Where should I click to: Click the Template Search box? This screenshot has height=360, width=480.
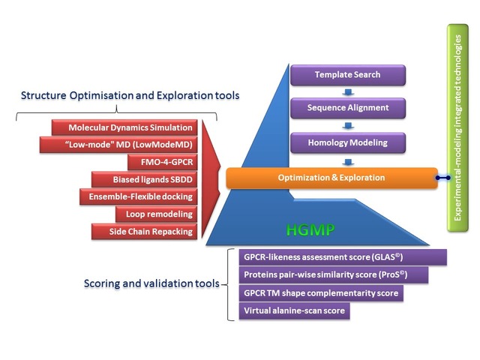click(348, 75)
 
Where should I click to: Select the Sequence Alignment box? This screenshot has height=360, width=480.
click(348, 108)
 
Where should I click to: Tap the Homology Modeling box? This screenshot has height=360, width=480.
click(348, 142)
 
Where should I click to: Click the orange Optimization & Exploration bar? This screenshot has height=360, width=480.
click(331, 178)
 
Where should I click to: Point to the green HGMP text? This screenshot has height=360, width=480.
click(310, 230)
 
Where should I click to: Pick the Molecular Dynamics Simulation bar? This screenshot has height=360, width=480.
click(124, 127)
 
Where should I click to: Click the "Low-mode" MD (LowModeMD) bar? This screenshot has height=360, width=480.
click(118, 145)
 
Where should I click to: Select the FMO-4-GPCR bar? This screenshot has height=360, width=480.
click(163, 162)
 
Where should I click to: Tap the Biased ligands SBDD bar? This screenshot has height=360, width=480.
click(145, 179)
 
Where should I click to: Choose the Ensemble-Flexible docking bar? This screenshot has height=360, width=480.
click(138, 196)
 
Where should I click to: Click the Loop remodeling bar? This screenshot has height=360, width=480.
click(157, 214)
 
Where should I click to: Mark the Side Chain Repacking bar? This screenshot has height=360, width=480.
click(145, 232)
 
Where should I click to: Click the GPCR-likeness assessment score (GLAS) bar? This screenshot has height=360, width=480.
click(343, 257)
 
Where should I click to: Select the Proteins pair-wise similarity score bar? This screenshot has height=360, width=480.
click(334, 275)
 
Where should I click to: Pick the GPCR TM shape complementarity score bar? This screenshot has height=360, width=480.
click(321, 293)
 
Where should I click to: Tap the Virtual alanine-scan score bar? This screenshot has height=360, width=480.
click(295, 311)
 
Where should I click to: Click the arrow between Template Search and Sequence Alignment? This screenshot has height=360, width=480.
click(348, 92)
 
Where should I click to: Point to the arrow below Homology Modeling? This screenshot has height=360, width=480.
click(348, 162)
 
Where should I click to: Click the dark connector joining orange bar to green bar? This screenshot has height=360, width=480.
click(443, 178)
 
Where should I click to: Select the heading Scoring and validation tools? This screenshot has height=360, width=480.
click(151, 283)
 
